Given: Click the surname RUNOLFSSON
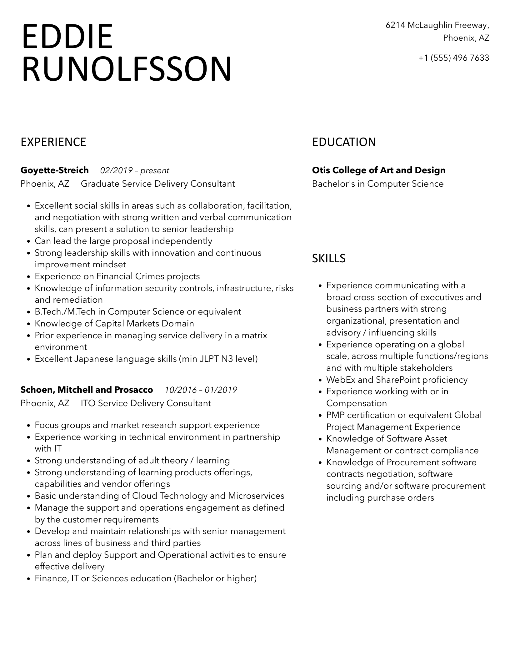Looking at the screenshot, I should coord(127,69).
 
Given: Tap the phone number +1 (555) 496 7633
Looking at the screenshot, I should coord(453,58).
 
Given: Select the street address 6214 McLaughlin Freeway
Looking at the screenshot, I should coord(437,25).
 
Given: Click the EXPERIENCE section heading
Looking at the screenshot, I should coord(53,142).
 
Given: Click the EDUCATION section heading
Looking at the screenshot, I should coord(344,142).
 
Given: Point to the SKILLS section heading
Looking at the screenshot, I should coord(329,259).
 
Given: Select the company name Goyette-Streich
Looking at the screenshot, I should coord(55,170).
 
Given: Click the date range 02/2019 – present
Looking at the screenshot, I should coord(134,171).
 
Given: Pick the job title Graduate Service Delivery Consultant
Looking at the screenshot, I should coord(158,184).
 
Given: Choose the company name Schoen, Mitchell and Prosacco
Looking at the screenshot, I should coord(87,390).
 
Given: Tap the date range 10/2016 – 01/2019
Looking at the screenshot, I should coord(201,390).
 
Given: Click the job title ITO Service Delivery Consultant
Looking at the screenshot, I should coord(146,403).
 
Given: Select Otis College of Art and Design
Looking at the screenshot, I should coord(379,170).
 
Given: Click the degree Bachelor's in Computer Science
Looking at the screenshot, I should coord(378,184).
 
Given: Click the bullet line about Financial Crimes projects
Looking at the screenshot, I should coord(117,276).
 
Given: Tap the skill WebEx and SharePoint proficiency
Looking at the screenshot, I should coord(397,380).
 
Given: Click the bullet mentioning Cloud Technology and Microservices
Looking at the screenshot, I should coord(159,496).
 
